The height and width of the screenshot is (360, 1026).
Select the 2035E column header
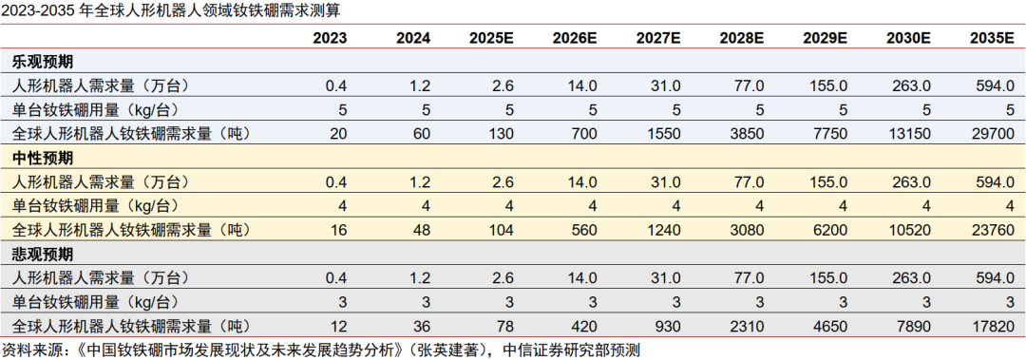pos(991,38)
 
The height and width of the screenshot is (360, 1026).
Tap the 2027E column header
pos(659,38)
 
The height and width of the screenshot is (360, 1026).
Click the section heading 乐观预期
pos(42,62)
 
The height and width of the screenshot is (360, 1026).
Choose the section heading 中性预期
pos(42,158)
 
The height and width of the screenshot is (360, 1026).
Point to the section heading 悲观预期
pos(42,255)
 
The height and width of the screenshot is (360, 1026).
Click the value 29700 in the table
pos(997,133)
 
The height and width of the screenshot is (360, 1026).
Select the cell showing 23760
pos(997,230)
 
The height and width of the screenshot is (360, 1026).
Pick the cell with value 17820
pos(997,326)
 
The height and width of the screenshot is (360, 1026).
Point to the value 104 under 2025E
pos(502,230)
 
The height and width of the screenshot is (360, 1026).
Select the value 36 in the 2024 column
pos(421,326)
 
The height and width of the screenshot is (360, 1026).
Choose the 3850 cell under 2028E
pos(748,133)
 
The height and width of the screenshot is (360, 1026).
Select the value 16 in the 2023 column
pos(337,230)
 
